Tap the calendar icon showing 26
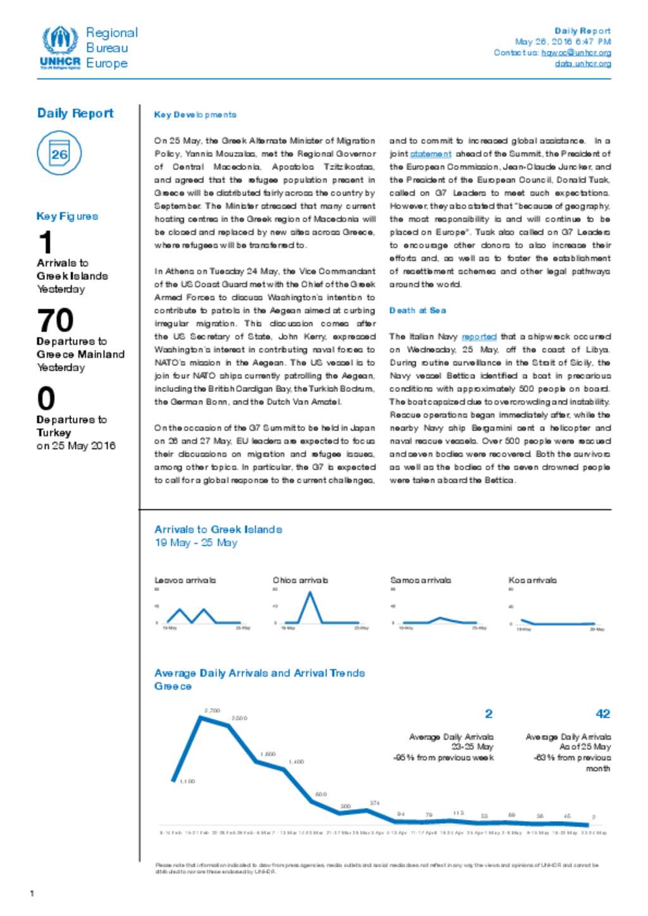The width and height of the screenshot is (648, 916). pyautogui.click(x=59, y=154)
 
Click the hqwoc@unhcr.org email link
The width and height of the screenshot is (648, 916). pyautogui.click(x=576, y=52)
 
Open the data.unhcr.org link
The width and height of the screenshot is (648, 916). pyautogui.click(x=583, y=63)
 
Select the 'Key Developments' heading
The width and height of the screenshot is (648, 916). pyautogui.click(x=195, y=114)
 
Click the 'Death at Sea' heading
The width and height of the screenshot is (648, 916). pyautogui.click(x=417, y=310)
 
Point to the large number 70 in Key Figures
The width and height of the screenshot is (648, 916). pyautogui.click(x=55, y=321)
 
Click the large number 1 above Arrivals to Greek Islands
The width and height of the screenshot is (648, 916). pyautogui.click(x=45, y=243)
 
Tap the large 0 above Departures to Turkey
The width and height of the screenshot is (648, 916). pyautogui.click(x=46, y=399)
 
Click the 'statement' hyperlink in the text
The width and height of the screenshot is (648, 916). pyautogui.click(x=430, y=154)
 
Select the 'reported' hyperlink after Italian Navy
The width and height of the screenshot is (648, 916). pyautogui.click(x=478, y=337)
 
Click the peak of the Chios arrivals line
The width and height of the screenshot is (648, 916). pyautogui.click(x=310, y=592)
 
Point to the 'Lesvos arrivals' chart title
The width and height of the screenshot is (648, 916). pyautogui.click(x=185, y=580)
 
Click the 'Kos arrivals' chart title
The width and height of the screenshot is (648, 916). pyautogui.click(x=532, y=580)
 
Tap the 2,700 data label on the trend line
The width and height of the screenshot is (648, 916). pyautogui.click(x=212, y=711)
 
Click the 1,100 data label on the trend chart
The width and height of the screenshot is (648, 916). pyautogui.click(x=187, y=781)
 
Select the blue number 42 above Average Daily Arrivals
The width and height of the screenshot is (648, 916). pyautogui.click(x=602, y=714)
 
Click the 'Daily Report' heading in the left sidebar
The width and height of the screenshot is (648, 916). pyautogui.click(x=75, y=113)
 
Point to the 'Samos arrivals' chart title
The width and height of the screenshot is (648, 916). pyautogui.click(x=420, y=580)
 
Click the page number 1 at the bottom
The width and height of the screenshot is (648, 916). pyautogui.click(x=32, y=893)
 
